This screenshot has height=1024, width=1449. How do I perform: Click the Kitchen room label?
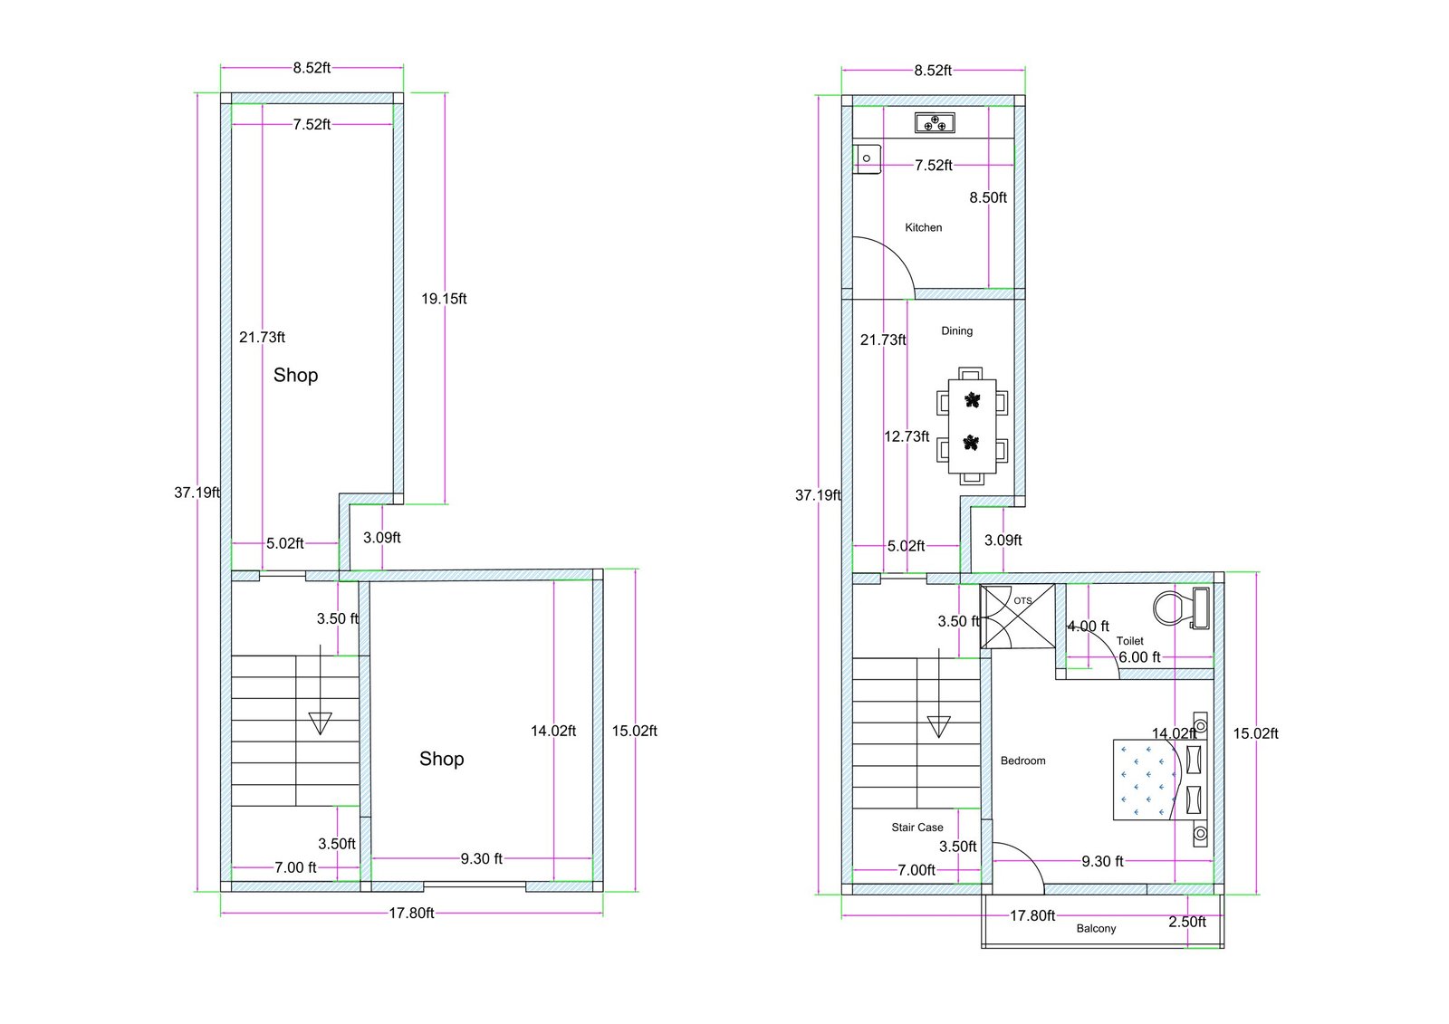pyautogui.click(x=923, y=227)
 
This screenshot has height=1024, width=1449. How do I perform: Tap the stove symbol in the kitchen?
pyautogui.click(x=935, y=122)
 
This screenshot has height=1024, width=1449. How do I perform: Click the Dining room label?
pyautogui.click(x=956, y=330)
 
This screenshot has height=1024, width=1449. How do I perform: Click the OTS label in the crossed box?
pyautogui.click(x=1022, y=600)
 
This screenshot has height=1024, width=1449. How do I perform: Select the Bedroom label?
pyautogui.click(x=1022, y=761)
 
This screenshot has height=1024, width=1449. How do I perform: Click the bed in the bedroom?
pyautogui.click(x=1150, y=780)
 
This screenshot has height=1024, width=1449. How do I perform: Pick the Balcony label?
pyautogui.click(x=1096, y=928)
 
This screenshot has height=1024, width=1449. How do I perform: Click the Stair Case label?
pyautogui.click(x=916, y=827)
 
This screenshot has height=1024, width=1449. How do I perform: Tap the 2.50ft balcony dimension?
pyautogui.click(x=1186, y=922)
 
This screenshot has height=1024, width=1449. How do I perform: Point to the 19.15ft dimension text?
pyautogui.click(x=444, y=299)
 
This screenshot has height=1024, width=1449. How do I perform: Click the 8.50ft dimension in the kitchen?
pyautogui.click(x=988, y=197)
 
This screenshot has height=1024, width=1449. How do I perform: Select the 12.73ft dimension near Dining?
pyautogui.click(x=907, y=436)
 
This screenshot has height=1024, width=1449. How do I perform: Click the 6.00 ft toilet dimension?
pyautogui.click(x=1139, y=657)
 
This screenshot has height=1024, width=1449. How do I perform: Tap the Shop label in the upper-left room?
pyautogui.click(x=295, y=375)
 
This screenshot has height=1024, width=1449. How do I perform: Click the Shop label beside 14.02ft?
pyautogui.click(x=441, y=759)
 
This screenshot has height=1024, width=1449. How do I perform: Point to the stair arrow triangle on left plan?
pyautogui.click(x=320, y=723)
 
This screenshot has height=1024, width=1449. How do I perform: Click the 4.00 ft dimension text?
pyautogui.click(x=1088, y=627)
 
